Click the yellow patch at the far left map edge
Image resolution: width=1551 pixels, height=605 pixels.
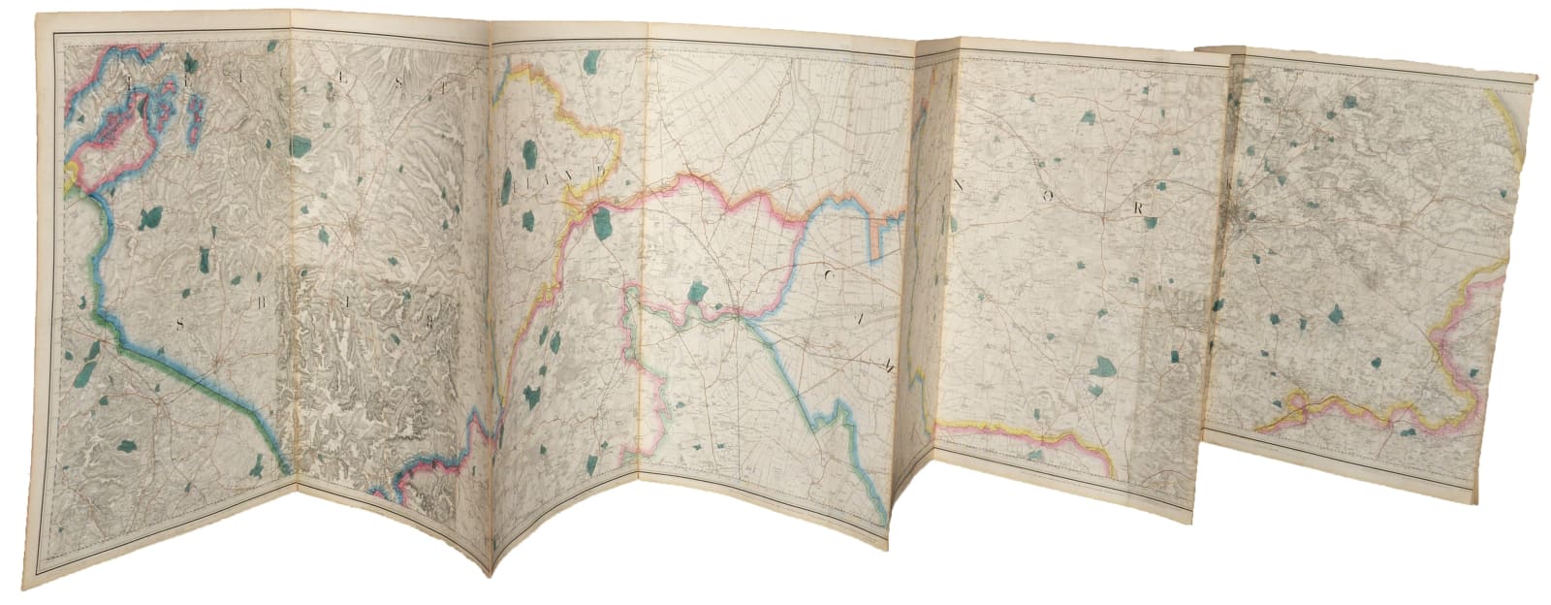tap(69, 175)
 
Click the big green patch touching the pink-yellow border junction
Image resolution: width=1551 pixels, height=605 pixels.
tap(602, 225)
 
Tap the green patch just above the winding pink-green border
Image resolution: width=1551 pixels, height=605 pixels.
tap(695, 292)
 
